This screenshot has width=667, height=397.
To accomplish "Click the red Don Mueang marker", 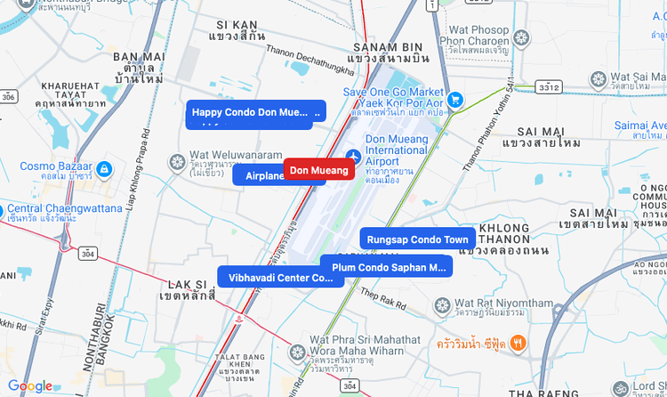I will click(318, 170).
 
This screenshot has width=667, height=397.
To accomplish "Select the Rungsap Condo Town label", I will click(417, 239).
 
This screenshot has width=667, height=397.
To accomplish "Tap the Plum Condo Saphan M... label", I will click(388, 266).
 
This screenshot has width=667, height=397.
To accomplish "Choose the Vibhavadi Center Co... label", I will click(280, 277).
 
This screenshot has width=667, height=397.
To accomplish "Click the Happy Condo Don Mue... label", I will click(256, 112).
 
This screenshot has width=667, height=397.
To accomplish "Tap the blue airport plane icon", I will click(353, 158).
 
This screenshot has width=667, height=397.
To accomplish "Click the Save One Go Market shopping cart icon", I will click(455, 100).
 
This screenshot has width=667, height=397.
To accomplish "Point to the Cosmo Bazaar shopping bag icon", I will click(104, 167).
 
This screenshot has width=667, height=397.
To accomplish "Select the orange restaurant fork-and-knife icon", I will click(518, 344).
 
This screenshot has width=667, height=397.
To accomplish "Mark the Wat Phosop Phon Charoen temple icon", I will click(521, 37).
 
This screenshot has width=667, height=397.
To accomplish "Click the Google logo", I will click(30, 386).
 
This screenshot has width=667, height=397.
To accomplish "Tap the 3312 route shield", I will click(548, 87).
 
